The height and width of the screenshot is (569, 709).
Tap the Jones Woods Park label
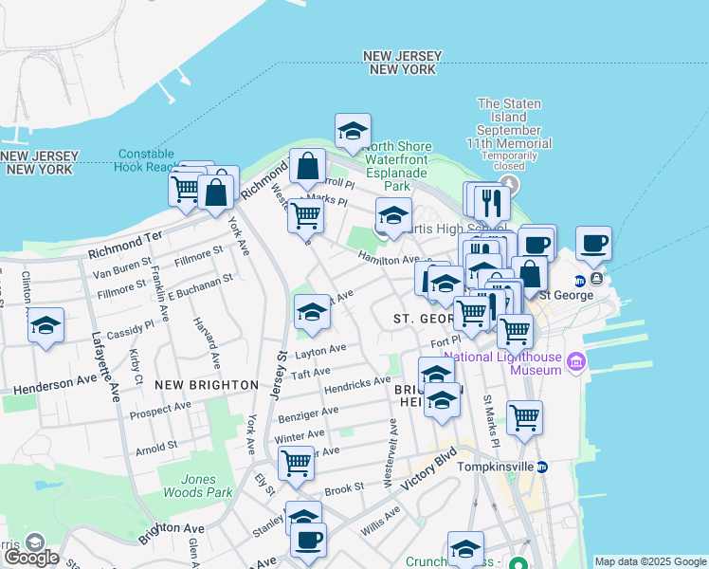tap(194, 486)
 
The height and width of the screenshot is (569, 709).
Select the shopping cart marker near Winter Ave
tap(297, 463)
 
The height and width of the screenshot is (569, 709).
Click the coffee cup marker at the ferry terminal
tap(593, 243)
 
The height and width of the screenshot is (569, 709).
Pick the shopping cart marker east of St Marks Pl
tap(524, 416)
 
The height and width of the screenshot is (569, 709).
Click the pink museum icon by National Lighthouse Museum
tap(575, 362)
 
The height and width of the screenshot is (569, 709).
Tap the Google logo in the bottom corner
tap(31, 557)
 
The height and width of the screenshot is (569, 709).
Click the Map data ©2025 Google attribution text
tap(650, 561)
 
